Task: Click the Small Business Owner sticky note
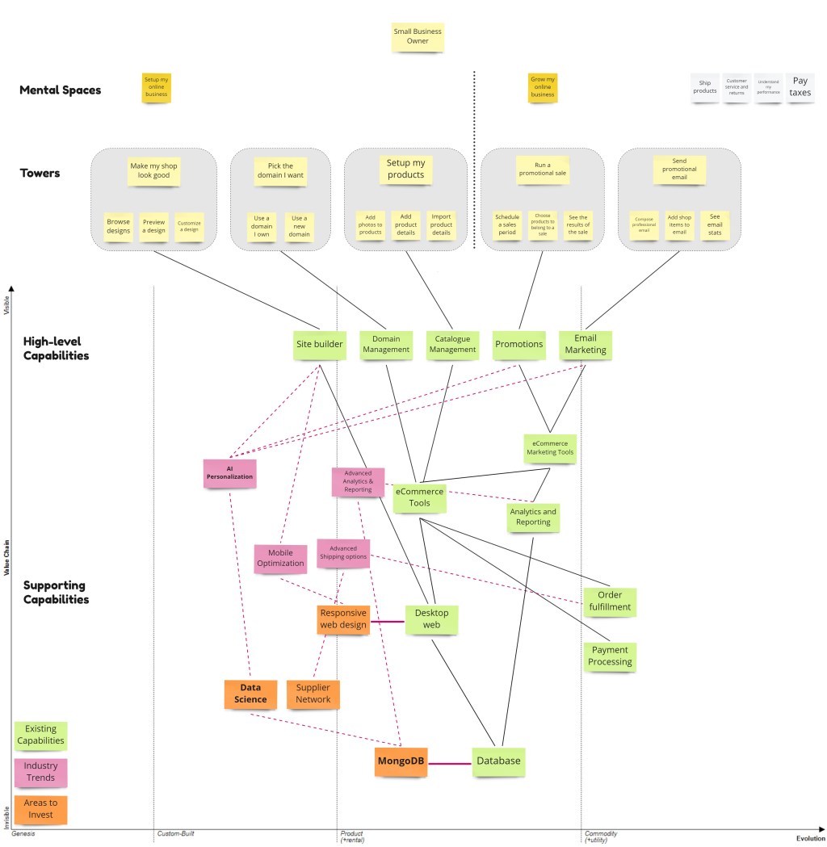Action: coord(418,36)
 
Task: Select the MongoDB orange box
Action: coord(401,761)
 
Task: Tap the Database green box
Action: coord(498,761)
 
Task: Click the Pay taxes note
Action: coord(800,86)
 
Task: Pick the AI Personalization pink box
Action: coord(230,473)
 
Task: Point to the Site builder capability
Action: coord(320,344)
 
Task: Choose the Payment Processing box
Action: coord(610,656)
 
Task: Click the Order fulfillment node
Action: coord(610,602)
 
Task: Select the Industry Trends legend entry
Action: coord(40,772)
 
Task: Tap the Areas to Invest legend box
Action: coord(40,809)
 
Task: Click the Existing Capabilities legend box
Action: coord(40,735)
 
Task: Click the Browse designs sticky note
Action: coord(118,227)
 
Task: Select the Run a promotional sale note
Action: coord(543,170)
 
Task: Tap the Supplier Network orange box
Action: coord(313,694)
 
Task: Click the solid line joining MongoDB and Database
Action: coord(449,762)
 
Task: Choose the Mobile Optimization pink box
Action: coord(280,558)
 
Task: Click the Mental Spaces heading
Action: coord(61,90)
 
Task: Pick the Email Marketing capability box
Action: coord(585,345)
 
